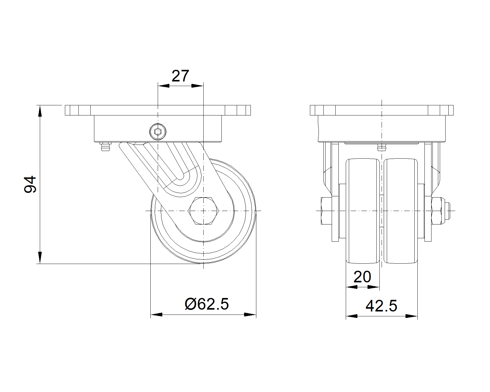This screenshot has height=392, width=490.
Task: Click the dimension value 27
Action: click(x=180, y=76)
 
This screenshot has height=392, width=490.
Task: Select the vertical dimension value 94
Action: click(x=30, y=184)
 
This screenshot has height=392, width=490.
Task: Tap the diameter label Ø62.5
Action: click(x=207, y=304)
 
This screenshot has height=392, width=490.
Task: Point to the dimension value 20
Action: click(x=362, y=277)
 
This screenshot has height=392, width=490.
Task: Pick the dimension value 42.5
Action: click(x=381, y=306)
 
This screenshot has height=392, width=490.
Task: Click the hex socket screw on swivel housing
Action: click(x=158, y=132)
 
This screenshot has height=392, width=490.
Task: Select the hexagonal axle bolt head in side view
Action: click(x=203, y=211)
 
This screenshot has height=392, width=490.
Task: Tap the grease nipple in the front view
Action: click(x=381, y=148)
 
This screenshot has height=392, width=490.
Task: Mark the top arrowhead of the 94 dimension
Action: click(x=40, y=111)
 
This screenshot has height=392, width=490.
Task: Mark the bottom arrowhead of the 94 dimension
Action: click(x=40, y=258)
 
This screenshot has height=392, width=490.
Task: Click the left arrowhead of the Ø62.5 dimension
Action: click(x=156, y=315)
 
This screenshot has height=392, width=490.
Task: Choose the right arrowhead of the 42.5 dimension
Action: click(x=412, y=316)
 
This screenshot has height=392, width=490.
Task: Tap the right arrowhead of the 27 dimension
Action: click(x=197, y=86)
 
